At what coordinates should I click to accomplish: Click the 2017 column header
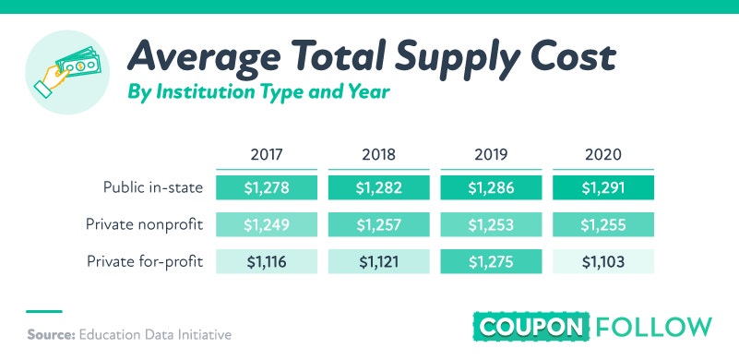point(267,154)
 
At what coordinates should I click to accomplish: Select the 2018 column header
point(379,154)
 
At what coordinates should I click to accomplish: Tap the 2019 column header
point(491,154)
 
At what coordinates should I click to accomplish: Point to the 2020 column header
point(603,154)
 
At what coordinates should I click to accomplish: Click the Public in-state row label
point(153,187)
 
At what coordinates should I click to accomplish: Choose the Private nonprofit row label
point(144,224)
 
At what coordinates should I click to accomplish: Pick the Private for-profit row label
point(145,261)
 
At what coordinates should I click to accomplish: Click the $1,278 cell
point(267,187)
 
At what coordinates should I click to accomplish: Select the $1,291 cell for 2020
point(603,187)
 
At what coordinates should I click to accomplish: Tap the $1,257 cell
point(379,224)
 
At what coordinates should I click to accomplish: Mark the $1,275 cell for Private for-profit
point(491,261)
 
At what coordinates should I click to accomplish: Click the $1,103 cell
point(603,261)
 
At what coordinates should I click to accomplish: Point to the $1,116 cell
point(267,261)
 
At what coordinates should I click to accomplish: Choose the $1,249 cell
point(267,224)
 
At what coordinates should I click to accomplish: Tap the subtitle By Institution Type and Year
point(258,92)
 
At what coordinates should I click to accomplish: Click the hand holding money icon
point(67,71)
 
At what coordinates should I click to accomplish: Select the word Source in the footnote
point(51,334)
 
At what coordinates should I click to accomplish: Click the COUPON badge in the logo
point(531,327)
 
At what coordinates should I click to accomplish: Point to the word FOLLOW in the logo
point(654,327)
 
